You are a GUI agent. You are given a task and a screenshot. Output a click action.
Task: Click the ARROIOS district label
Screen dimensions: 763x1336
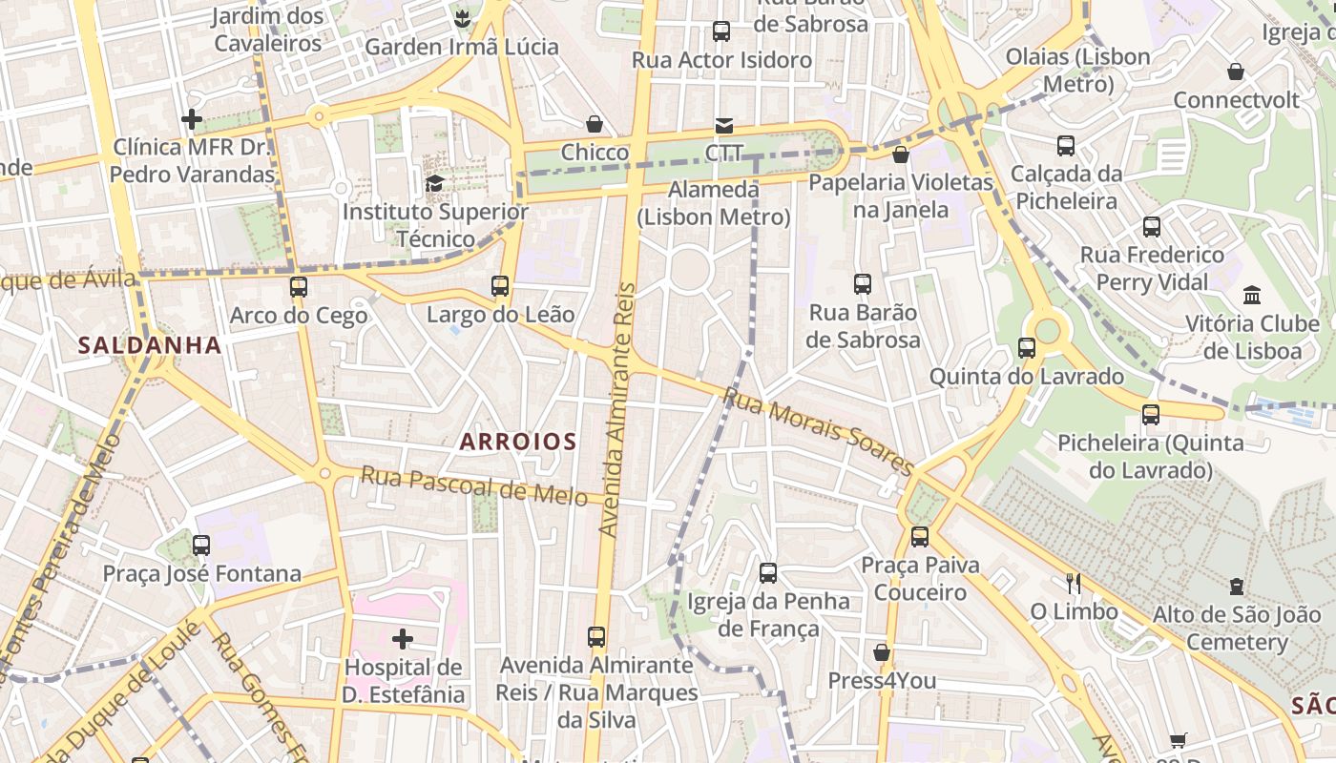[518, 442]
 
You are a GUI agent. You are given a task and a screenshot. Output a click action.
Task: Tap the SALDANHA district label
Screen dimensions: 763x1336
[150, 345]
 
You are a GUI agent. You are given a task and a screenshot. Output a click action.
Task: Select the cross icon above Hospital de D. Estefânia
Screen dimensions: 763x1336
[403, 638]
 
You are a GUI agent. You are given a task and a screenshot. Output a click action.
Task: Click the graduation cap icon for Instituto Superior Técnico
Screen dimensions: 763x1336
[435, 183]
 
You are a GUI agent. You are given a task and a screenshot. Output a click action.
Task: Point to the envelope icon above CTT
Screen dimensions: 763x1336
[724, 126]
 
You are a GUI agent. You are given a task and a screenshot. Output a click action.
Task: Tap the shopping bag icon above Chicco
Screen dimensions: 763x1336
[595, 125]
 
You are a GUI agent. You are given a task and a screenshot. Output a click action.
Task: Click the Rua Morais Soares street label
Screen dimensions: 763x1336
[819, 431]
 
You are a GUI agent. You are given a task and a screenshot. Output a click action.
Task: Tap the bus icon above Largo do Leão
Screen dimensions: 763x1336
[500, 285]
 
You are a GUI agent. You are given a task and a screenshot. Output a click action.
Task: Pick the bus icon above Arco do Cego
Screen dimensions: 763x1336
[299, 286]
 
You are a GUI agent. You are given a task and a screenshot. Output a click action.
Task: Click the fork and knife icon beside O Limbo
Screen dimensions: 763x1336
[1074, 583]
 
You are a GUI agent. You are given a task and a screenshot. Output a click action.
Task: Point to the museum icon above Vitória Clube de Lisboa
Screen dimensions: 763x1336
[1252, 296]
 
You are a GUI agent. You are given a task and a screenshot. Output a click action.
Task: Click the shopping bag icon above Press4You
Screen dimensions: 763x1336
[882, 652]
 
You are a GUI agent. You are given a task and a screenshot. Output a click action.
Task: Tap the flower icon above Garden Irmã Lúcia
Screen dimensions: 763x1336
[462, 18]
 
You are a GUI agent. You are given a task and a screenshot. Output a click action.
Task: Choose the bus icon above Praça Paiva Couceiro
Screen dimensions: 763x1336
[920, 536]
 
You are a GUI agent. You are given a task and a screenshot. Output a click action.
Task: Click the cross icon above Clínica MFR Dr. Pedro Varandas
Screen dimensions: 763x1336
[192, 119]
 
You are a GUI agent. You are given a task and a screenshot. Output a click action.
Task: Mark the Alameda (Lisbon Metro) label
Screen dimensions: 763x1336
[714, 203]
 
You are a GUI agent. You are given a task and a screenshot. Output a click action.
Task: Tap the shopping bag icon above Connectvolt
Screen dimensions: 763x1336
[1236, 72]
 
